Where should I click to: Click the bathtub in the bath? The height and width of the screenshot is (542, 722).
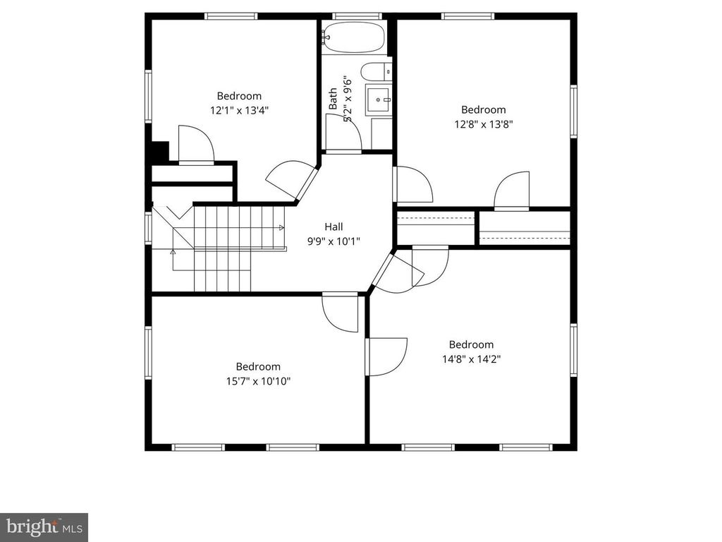tap(354, 37)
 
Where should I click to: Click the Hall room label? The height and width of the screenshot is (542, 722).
tap(334, 227)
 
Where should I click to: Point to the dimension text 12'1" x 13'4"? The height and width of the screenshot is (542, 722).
tap(239, 110)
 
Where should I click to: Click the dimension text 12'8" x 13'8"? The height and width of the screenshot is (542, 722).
tap(483, 124)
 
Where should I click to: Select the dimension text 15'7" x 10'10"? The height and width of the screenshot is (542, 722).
tap(258, 381)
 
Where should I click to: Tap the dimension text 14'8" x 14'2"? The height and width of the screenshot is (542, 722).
tap(471, 359)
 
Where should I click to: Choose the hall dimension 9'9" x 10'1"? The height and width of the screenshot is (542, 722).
tap(334, 241)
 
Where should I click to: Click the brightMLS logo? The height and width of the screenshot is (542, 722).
tap(44, 526)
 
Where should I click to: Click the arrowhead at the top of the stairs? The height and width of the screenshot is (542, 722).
tap(281, 227)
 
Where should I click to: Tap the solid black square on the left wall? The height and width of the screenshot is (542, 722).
tap(160, 152)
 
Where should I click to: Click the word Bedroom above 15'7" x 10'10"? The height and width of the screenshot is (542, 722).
tap(258, 367)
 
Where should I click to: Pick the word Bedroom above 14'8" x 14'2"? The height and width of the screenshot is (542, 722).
tap(471, 344)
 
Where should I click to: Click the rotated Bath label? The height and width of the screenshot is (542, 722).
tap(332, 98)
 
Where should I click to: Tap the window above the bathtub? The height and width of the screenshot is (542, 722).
tap(357, 16)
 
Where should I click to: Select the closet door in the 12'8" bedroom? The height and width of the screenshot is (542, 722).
tap(511, 192)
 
